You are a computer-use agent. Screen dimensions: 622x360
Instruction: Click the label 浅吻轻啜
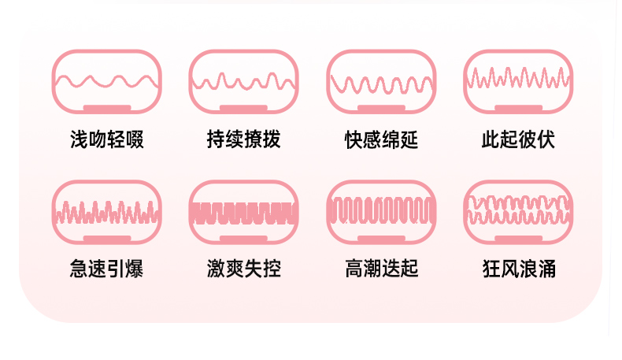click(106, 140)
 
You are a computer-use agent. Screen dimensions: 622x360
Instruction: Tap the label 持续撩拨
click(243, 140)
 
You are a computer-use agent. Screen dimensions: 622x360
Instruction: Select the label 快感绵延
click(381, 140)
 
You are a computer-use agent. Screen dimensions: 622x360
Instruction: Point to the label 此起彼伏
click(518, 140)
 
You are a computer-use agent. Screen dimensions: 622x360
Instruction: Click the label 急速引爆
click(106, 269)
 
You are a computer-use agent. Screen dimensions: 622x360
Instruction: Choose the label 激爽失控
click(243, 269)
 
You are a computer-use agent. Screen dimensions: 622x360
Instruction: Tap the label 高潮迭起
click(381, 269)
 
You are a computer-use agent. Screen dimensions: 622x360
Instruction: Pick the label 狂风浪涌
click(518, 269)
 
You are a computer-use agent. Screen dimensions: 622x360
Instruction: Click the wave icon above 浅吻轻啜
click(106, 80)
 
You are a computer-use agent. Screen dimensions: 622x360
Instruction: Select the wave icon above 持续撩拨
click(243, 80)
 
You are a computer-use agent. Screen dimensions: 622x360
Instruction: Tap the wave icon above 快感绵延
click(381, 80)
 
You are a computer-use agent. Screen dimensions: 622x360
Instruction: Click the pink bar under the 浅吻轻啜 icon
click(106, 108)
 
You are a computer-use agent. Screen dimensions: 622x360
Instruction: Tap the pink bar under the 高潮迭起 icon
click(381, 238)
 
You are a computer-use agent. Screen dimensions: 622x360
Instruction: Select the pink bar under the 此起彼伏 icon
click(518, 108)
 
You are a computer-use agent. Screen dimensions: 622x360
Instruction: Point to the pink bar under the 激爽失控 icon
click(243, 238)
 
